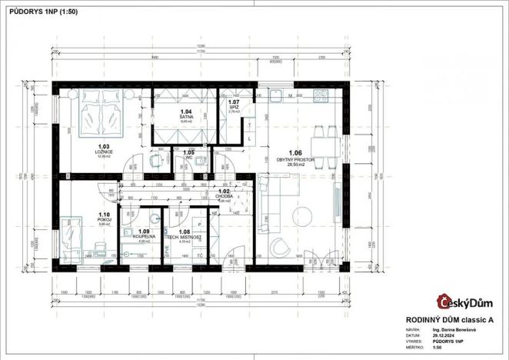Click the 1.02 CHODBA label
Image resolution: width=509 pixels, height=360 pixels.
click(224, 195)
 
